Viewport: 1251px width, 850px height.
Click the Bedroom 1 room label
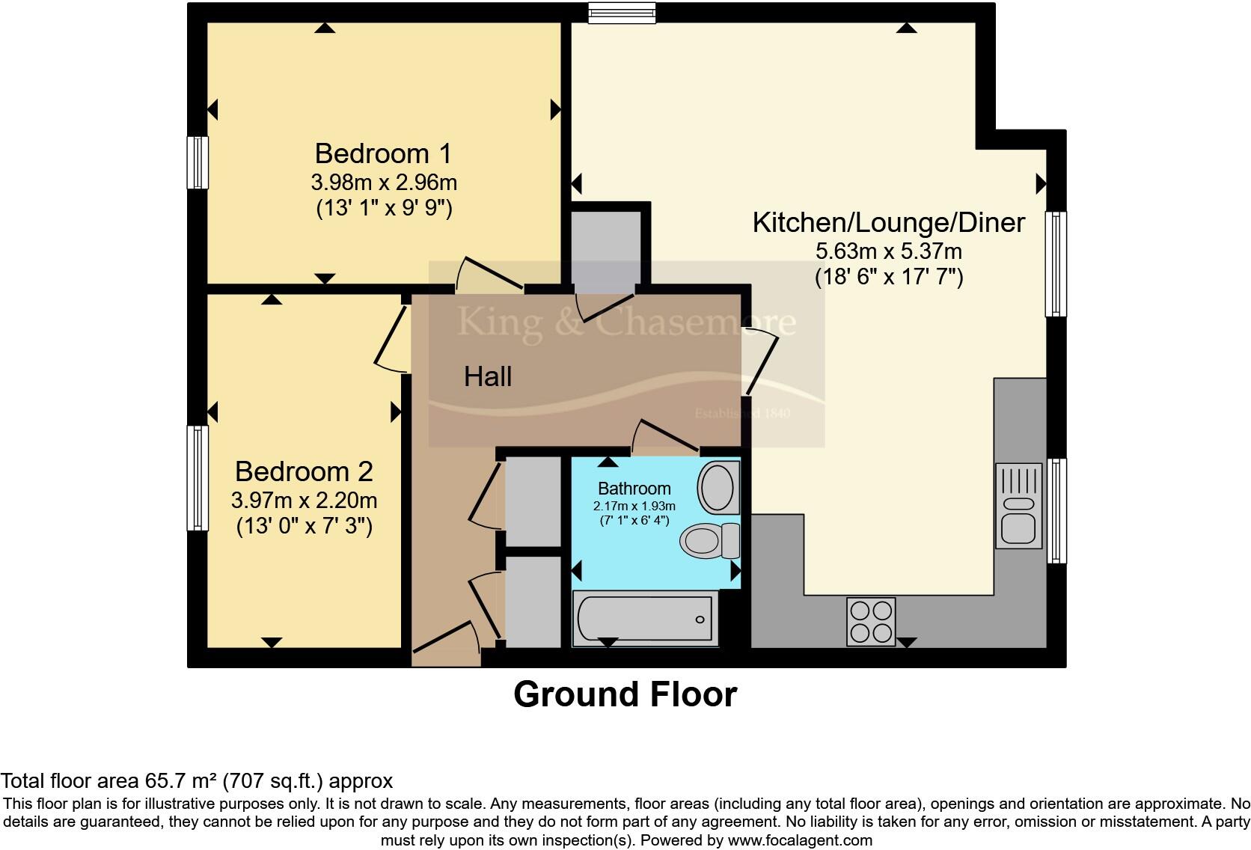pyautogui.click(x=383, y=153)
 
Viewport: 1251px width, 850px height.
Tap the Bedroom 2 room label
pyautogui.click(x=304, y=471)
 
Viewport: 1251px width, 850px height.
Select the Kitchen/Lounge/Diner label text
pyautogui.click(x=888, y=222)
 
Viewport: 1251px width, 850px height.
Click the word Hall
pyautogui.click(x=488, y=376)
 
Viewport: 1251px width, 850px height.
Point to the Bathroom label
pyautogui.click(x=634, y=489)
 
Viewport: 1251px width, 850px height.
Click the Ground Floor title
pyautogui.click(x=625, y=694)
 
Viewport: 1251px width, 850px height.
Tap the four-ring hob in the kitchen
pyautogui.click(x=871, y=622)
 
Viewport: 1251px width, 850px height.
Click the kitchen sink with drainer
pyautogui.click(x=1018, y=506)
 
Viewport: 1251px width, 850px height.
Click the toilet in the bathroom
pyautogui.click(x=709, y=540)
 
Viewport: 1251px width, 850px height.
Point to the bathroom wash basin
pyautogui.click(x=718, y=487)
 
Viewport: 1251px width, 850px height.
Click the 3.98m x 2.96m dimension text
pyautogui.click(x=383, y=182)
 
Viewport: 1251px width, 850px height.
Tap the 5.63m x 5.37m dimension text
pyautogui.click(x=888, y=251)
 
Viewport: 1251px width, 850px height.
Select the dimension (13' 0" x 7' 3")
pyautogui.click(x=304, y=527)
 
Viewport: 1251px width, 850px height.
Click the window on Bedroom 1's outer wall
pyautogui.click(x=198, y=162)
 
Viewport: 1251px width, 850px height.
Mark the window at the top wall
pyautogui.click(x=622, y=13)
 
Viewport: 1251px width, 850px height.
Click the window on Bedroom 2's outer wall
pyautogui.click(x=198, y=477)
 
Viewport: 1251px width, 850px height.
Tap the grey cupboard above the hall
pyautogui.click(x=607, y=247)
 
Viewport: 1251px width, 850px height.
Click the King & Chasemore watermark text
pyautogui.click(x=625, y=322)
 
